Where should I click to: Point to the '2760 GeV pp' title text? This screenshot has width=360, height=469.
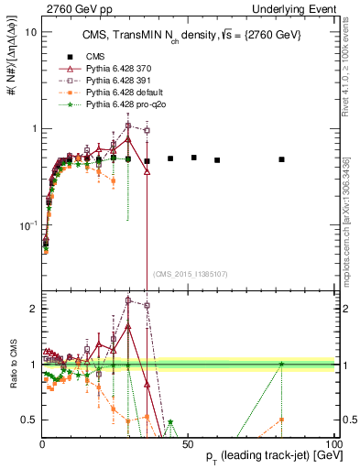(x=75, y=8)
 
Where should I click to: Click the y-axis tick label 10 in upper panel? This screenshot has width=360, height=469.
(x=30, y=32)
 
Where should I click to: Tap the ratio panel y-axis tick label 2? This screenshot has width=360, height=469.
(x=33, y=309)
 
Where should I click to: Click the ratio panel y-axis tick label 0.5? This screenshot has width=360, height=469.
(x=28, y=420)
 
